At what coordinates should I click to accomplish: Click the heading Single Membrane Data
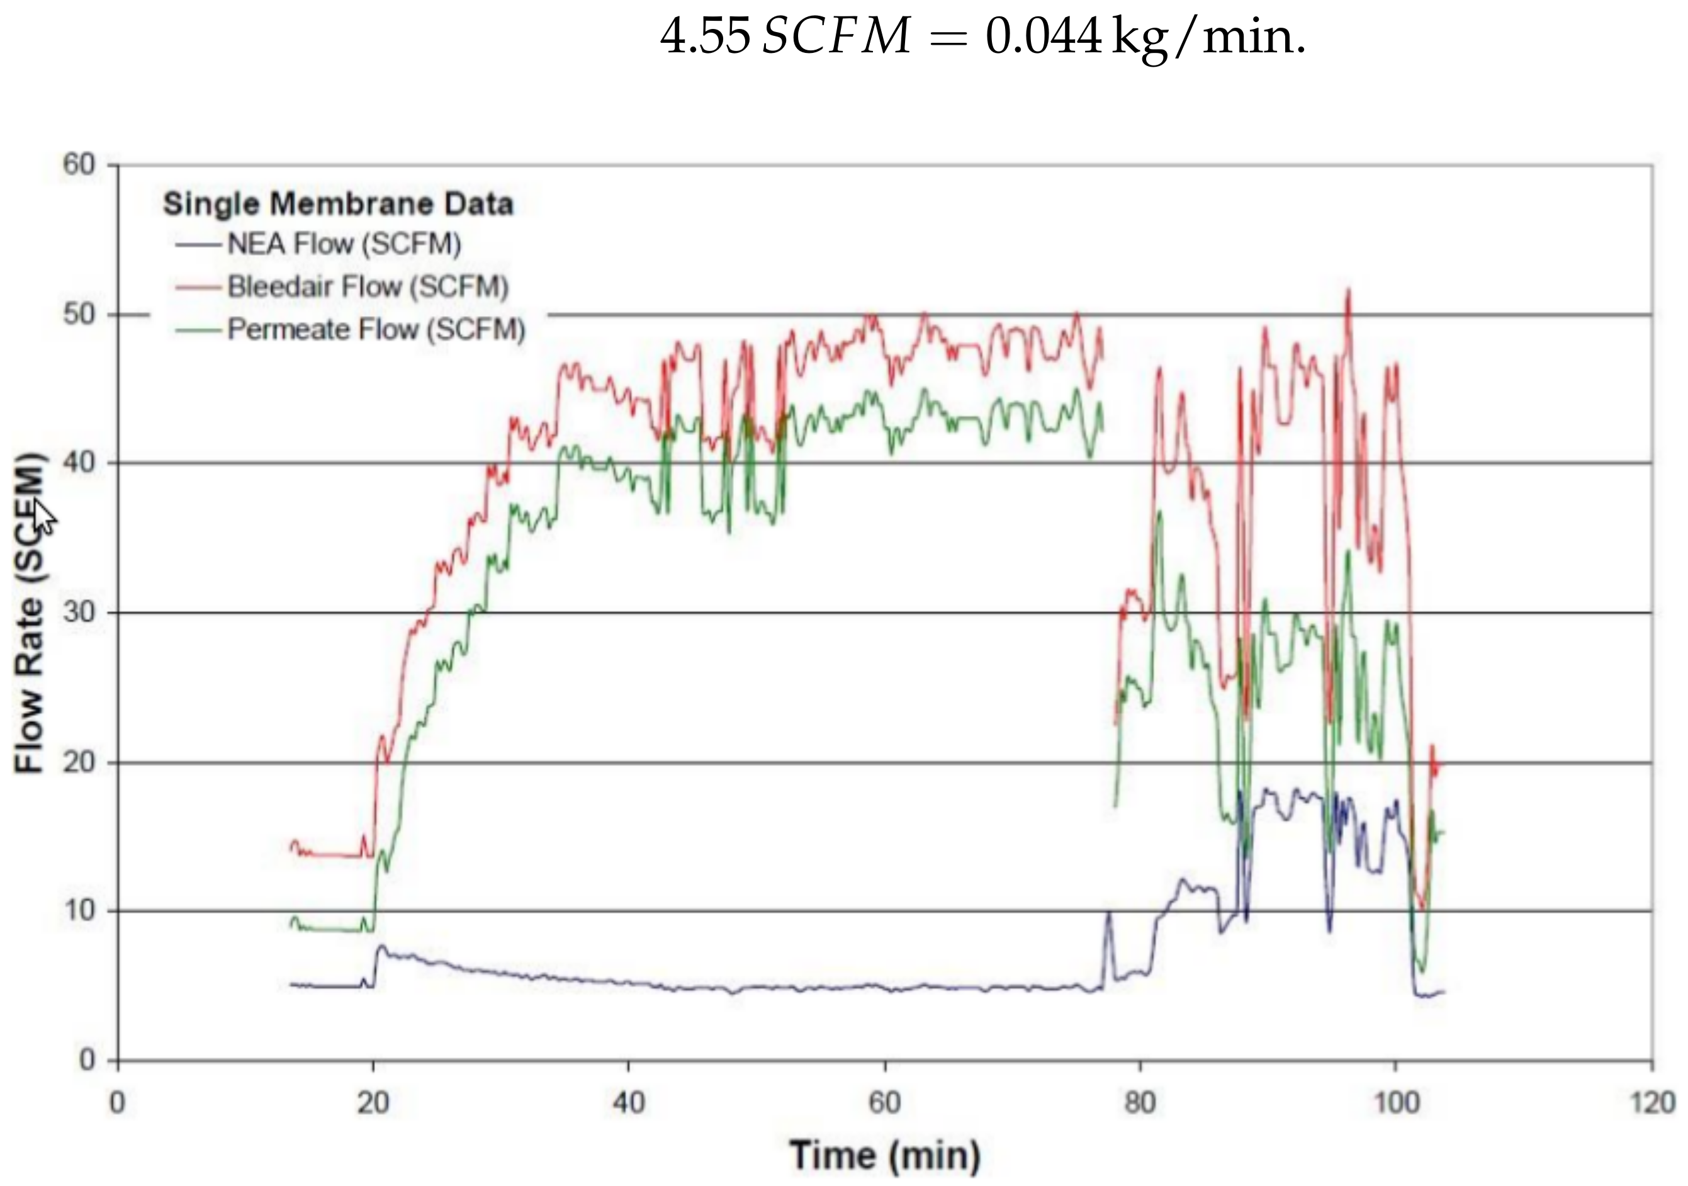coord(337,204)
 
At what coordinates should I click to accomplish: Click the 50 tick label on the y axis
coord(79,315)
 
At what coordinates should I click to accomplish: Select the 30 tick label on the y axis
coord(79,612)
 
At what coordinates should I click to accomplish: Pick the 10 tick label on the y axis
coord(79,910)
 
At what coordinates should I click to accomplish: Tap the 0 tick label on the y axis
coord(87,1059)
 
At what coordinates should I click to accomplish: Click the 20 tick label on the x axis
coord(373,1104)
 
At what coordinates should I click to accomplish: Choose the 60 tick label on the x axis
coord(884,1104)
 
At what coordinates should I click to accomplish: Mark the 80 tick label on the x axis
coord(1140,1104)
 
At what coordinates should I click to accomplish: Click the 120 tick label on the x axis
coord(1651,1104)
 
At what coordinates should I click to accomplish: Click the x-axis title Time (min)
coord(885,1155)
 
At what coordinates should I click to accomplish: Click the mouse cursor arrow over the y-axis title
coord(43,515)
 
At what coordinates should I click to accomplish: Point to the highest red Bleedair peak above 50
coord(1348,293)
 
